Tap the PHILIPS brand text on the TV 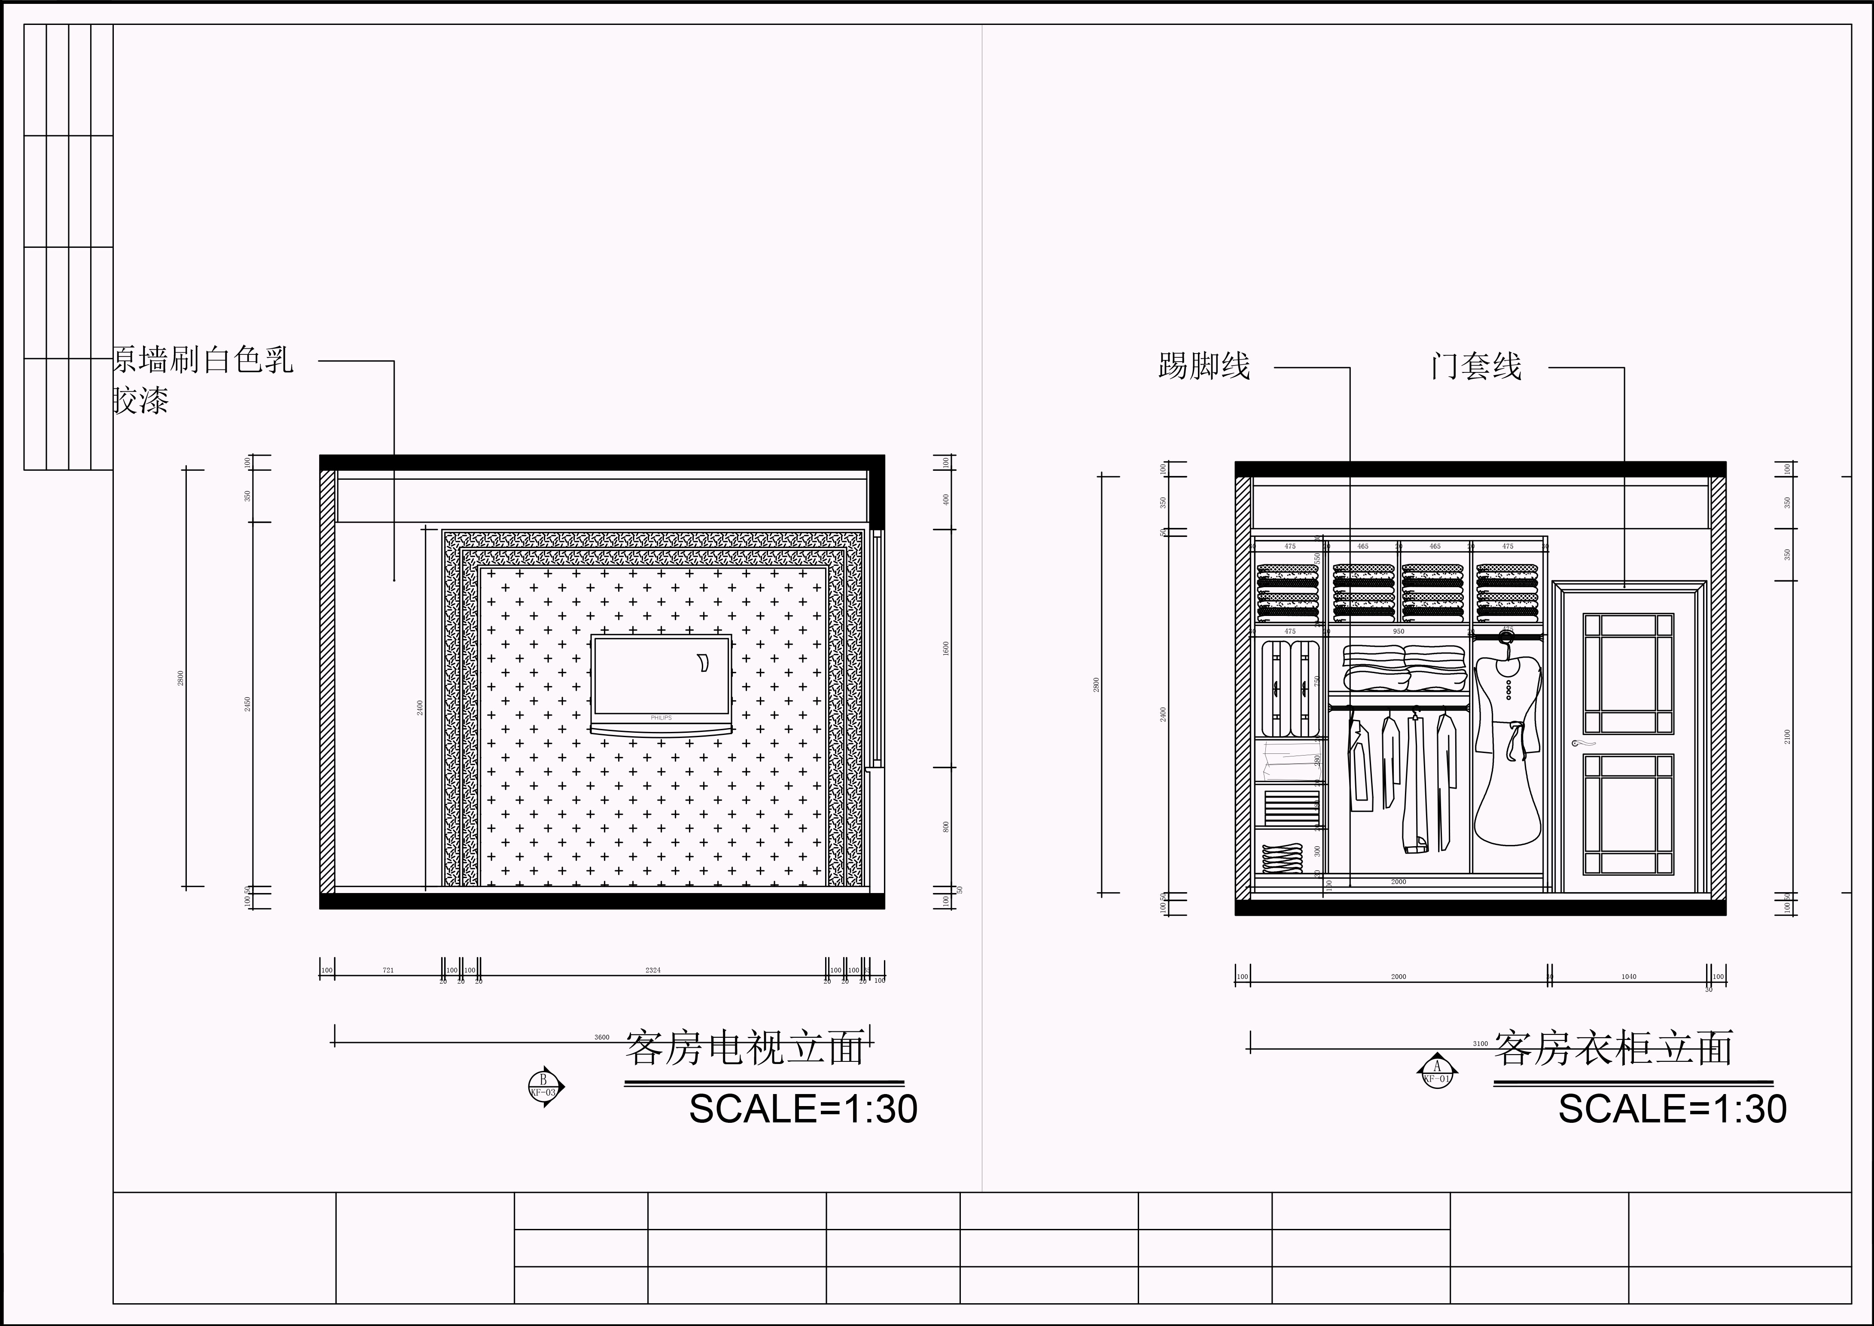[661, 718]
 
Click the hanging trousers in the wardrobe [1415, 784]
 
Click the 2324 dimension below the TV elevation [652, 970]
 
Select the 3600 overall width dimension [602, 1037]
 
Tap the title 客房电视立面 [744, 1049]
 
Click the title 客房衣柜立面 [1613, 1049]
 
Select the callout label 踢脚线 [1204, 366]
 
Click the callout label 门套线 [1475, 366]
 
